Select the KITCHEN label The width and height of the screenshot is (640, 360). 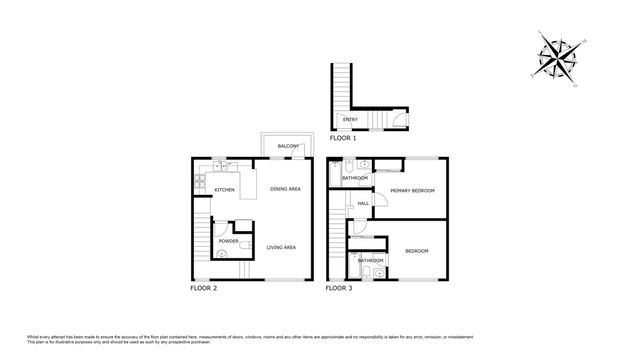(x=224, y=189)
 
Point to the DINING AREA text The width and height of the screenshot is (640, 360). (x=285, y=189)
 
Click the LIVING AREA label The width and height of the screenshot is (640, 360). (x=281, y=247)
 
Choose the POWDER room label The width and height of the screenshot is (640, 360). (x=227, y=241)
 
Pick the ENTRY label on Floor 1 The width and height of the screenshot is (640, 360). (x=349, y=120)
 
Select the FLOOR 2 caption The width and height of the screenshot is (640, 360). (x=203, y=288)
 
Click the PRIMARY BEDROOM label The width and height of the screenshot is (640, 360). (x=412, y=190)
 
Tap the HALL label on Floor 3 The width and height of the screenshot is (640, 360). (x=363, y=204)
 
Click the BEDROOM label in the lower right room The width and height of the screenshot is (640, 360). (x=417, y=250)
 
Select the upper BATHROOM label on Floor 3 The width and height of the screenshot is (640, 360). (x=355, y=178)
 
